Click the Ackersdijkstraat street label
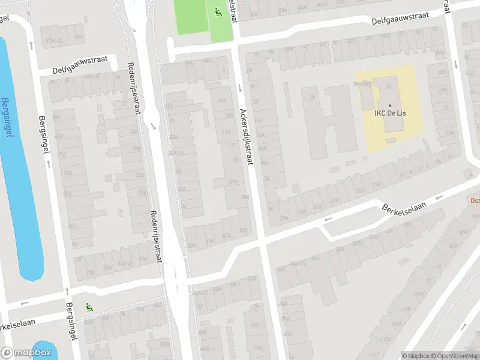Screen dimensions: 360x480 (248, 137)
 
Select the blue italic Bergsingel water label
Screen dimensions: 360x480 (7, 118)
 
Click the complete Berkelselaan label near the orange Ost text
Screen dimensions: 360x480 (404, 206)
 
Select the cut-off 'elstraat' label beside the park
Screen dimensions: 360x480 (233, 11)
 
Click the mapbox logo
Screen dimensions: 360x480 (26, 353)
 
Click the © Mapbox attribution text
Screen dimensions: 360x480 (416, 356)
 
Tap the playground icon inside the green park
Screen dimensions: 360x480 (217, 11)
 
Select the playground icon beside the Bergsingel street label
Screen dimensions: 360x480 (89, 307)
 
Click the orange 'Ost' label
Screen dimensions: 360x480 (475, 201)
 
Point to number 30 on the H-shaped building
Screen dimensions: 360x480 (312, 97)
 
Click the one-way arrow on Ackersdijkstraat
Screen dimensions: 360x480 (240, 88)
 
